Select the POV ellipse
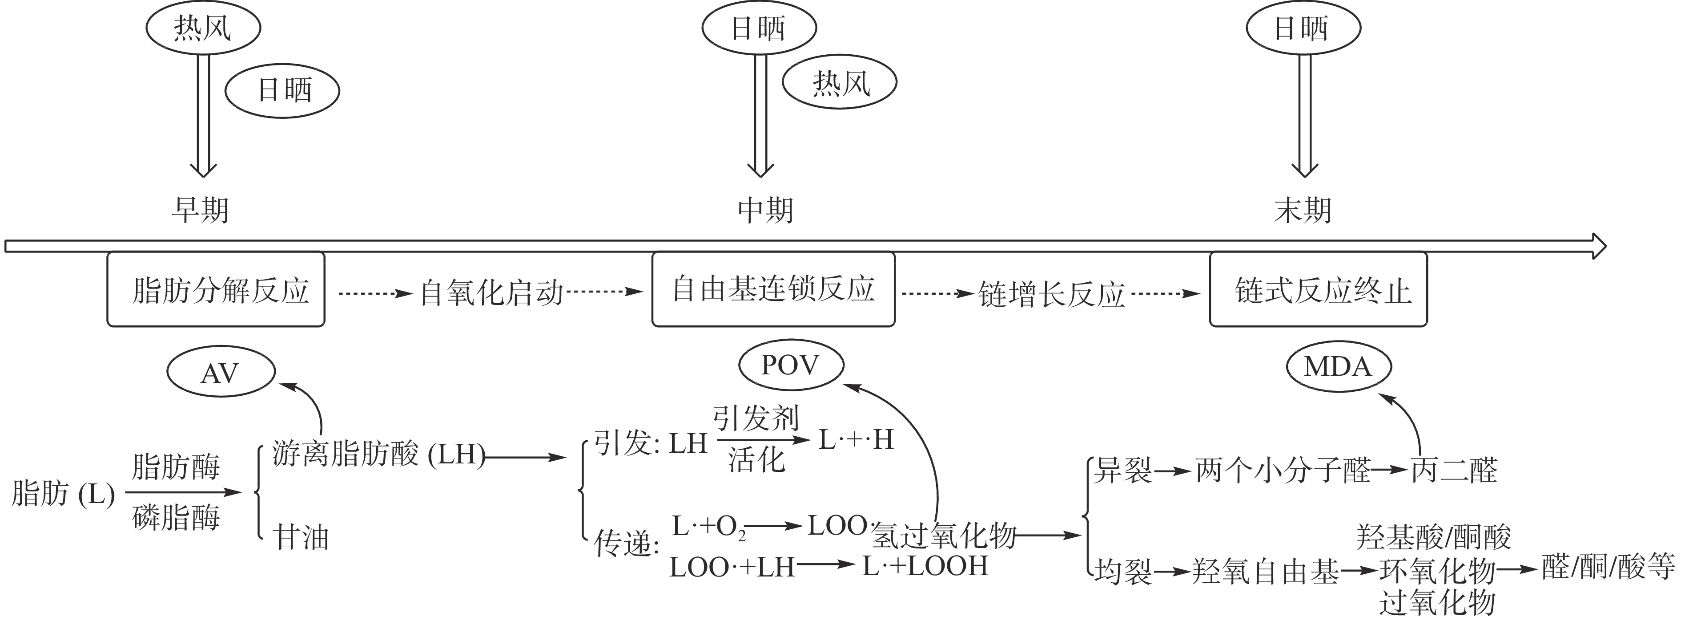(x=791, y=365)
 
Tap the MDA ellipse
(x=1339, y=367)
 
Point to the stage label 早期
(x=200, y=210)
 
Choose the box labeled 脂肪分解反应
(x=216, y=290)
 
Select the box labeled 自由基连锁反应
(x=773, y=289)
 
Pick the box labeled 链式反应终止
(x=1318, y=290)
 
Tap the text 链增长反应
(x=1052, y=295)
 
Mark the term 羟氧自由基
(x=1265, y=572)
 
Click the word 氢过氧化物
(x=944, y=536)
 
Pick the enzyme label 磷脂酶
(x=176, y=518)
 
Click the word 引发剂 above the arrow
(x=756, y=418)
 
